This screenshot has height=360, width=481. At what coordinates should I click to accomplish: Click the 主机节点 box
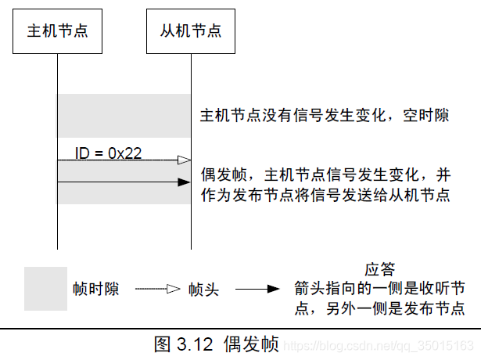(x=57, y=32)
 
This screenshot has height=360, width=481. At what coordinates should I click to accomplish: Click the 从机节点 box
(x=191, y=32)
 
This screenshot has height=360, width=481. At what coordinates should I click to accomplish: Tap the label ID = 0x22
(x=107, y=153)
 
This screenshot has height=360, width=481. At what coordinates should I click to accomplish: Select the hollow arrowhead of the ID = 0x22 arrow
(x=184, y=160)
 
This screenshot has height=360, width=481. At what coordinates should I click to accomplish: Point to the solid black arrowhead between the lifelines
(x=184, y=182)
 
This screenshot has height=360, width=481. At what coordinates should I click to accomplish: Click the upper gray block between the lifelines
(x=124, y=115)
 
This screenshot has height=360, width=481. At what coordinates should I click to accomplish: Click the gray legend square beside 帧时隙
(x=45, y=289)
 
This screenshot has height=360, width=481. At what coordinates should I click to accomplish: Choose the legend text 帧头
(x=203, y=290)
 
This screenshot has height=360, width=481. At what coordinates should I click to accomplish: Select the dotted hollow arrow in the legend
(x=158, y=289)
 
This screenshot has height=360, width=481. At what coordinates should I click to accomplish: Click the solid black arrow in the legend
(x=257, y=289)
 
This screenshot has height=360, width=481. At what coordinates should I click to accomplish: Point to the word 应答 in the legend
(x=379, y=269)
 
